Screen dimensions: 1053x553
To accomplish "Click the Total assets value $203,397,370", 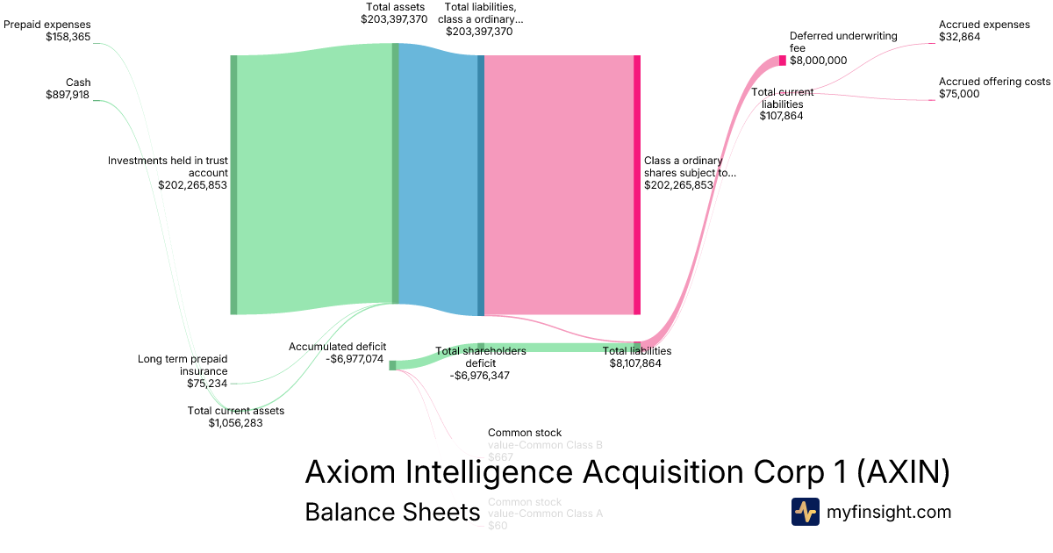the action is point(394,18).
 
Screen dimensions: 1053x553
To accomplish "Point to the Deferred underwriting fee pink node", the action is point(783,61).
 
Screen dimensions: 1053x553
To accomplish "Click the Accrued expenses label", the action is point(984,25).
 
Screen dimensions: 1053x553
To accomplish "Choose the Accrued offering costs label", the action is point(994,82).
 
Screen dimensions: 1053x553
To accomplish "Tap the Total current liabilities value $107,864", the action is point(781,115).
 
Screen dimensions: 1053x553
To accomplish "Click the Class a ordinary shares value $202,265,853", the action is point(678,185).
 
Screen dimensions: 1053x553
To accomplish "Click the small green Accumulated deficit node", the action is point(392,365).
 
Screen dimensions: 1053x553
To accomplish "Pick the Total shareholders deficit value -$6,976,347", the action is point(480,375).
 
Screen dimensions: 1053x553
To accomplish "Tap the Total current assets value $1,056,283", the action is point(235,422).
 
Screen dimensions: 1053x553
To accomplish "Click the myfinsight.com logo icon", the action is point(805,512).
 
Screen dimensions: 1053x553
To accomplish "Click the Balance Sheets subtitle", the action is point(392,512).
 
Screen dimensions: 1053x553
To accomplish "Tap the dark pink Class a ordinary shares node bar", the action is point(637,184).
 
